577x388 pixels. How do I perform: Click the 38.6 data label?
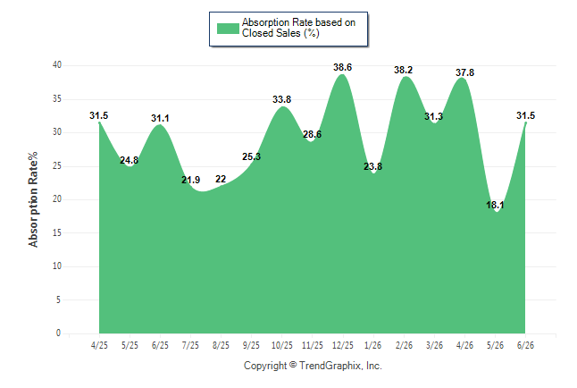pos(342,67)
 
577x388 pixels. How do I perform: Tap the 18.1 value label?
pos(495,205)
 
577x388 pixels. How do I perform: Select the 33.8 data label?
pos(281,99)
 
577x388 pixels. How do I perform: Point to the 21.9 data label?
pos(190,180)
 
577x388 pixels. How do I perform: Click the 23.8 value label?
pos(372,166)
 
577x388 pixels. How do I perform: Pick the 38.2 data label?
pos(404,70)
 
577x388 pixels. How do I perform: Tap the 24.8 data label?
pos(130,160)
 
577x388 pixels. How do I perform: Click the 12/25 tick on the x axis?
pos(343,345)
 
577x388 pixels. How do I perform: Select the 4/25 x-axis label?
pos(99,345)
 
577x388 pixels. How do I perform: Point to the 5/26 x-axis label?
pos(495,345)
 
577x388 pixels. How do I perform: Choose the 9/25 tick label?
pos(251,345)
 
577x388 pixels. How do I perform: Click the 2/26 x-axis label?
pos(404,345)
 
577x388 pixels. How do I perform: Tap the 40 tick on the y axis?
pos(57,65)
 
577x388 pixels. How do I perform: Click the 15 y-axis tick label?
pos(57,232)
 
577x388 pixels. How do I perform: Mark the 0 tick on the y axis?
pos(59,333)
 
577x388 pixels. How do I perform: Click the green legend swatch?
pos(228,29)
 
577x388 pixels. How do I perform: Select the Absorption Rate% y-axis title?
pos(33,199)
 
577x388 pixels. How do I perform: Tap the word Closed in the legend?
pos(257,33)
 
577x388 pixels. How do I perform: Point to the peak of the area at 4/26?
pos(462,78)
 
